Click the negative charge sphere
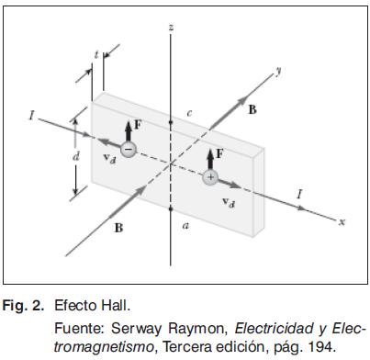pyautogui.click(x=129, y=150)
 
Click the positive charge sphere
pyautogui.click(x=210, y=177)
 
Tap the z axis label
pyautogui.click(x=172, y=27)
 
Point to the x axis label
pyautogui.click(x=342, y=221)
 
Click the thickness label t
pyautogui.click(x=96, y=54)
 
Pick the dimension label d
pyautogui.click(x=75, y=156)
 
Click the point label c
pyautogui.click(x=189, y=113)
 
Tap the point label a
pyautogui.click(x=185, y=226)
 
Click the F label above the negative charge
pyautogui.click(x=138, y=125)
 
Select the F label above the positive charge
pyautogui.click(x=219, y=153)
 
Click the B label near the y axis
pyautogui.click(x=252, y=109)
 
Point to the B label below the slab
pyautogui.click(x=118, y=228)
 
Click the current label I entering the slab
pyautogui.click(x=31, y=116)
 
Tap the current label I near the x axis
pyautogui.click(x=300, y=194)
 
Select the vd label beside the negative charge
pyautogui.click(x=109, y=159)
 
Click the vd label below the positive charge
pyautogui.click(x=229, y=202)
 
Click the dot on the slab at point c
pyautogui.click(x=171, y=122)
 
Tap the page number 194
pyautogui.click(x=322, y=347)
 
